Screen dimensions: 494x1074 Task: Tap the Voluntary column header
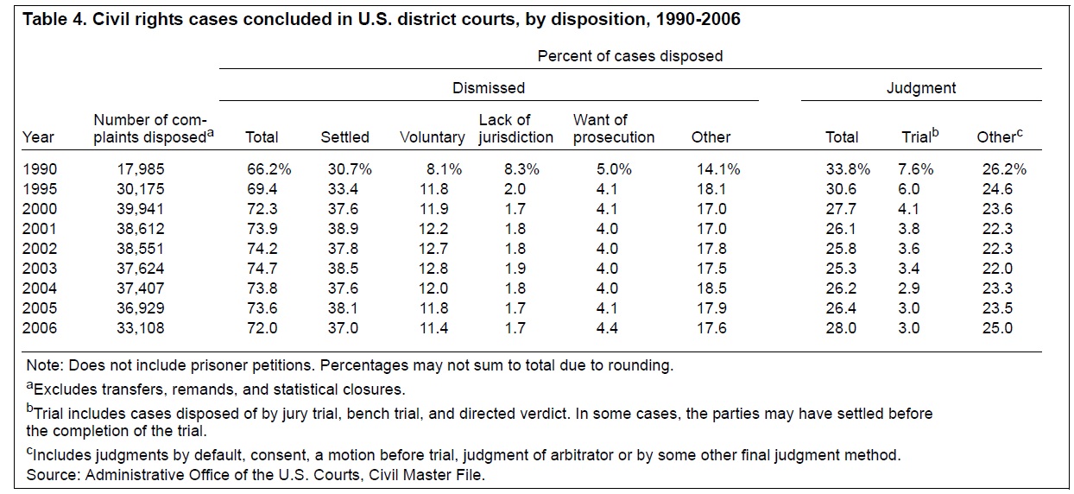(x=433, y=136)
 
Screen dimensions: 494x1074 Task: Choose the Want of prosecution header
(x=614, y=128)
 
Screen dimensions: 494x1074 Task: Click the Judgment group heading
(x=921, y=87)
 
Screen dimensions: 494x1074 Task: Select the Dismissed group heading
(x=489, y=87)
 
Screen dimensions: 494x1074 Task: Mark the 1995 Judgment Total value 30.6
(x=842, y=189)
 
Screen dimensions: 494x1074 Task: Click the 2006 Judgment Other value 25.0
(x=996, y=328)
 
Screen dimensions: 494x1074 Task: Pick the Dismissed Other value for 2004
(x=710, y=288)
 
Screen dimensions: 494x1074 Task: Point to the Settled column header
(x=344, y=136)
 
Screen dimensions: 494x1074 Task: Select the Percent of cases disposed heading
(x=630, y=56)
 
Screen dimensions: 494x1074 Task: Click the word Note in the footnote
(x=43, y=365)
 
